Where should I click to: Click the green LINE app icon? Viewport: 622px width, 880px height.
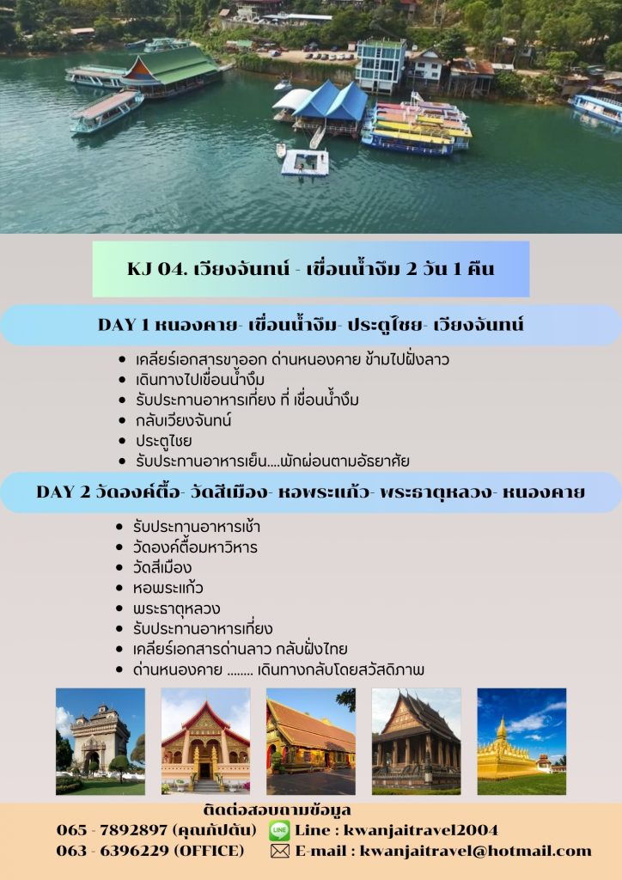pyautogui.click(x=279, y=830)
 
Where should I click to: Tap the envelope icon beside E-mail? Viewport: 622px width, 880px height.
pyautogui.click(x=280, y=852)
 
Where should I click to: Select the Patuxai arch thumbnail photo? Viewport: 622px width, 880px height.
pyautogui.click(x=101, y=742)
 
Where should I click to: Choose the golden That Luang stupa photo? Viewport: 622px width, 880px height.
pyautogui.click(x=521, y=742)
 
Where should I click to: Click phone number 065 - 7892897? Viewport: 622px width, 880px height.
pyautogui.click(x=112, y=830)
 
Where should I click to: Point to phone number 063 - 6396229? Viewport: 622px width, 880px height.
pyautogui.click(x=112, y=852)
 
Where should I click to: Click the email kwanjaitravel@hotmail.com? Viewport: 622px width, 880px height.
pyautogui.click(x=476, y=852)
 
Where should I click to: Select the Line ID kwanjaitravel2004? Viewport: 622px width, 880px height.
pyautogui.click(x=421, y=830)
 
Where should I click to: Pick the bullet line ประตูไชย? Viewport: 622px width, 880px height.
pyautogui.click(x=164, y=441)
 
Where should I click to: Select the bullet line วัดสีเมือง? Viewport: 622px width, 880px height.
pyautogui.click(x=162, y=567)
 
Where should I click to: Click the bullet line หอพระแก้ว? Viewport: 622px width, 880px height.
pyautogui.click(x=168, y=588)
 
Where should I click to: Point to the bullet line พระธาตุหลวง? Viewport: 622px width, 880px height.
pyautogui.click(x=176, y=608)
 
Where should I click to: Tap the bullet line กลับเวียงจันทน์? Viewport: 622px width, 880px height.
pyautogui.click(x=183, y=420)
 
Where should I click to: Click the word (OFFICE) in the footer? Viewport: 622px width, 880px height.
pyautogui.click(x=210, y=852)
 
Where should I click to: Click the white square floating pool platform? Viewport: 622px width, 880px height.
pyautogui.click(x=305, y=162)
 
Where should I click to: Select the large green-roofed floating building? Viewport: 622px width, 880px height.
pyautogui.click(x=170, y=70)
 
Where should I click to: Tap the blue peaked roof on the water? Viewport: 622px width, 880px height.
pyautogui.click(x=331, y=101)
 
